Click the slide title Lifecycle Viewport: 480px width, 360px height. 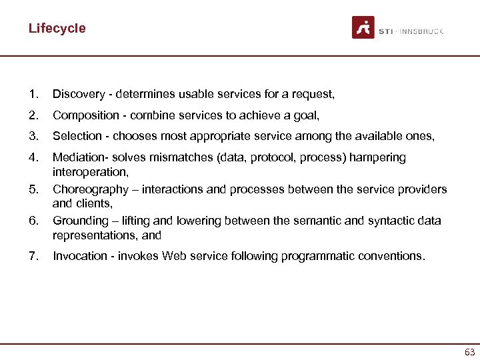(x=57, y=29)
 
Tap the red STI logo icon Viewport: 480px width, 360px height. (x=363, y=28)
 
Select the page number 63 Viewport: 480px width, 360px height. (x=469, y=352)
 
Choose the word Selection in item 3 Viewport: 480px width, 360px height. (x=77, y=137)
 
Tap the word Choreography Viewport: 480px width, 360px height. (x=90, y=189)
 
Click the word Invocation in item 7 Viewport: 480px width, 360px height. (x=80, y=256)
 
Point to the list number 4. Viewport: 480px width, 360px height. (x=33, y=158)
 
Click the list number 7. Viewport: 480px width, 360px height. (x=33, y=256)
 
